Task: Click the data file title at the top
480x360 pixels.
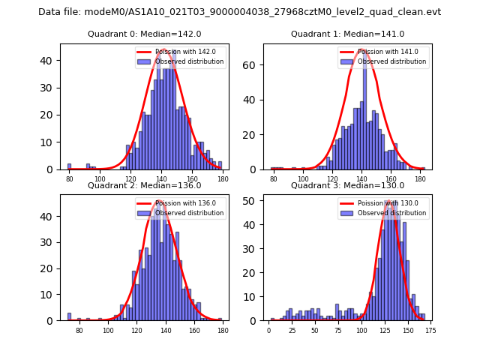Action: (x=239, y=12)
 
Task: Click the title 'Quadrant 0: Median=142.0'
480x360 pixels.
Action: (x=145, y=34)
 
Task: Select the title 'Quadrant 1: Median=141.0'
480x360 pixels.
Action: (x=347, y=34)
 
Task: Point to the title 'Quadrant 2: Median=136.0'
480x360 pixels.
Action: (x=145, y=185)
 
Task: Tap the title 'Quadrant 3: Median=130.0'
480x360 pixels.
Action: (x=347, y=185)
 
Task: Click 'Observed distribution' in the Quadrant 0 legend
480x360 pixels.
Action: (x=189, y=61)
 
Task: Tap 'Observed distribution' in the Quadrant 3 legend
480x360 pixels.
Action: (x=391, y=213)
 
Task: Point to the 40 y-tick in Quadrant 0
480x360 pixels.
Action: (x=52, y=61)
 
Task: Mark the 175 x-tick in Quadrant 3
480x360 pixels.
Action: (x=430, y=329)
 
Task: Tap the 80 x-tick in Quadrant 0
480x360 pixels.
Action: (x=70, y=178)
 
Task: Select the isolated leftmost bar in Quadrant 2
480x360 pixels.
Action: (x=69, y=316)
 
